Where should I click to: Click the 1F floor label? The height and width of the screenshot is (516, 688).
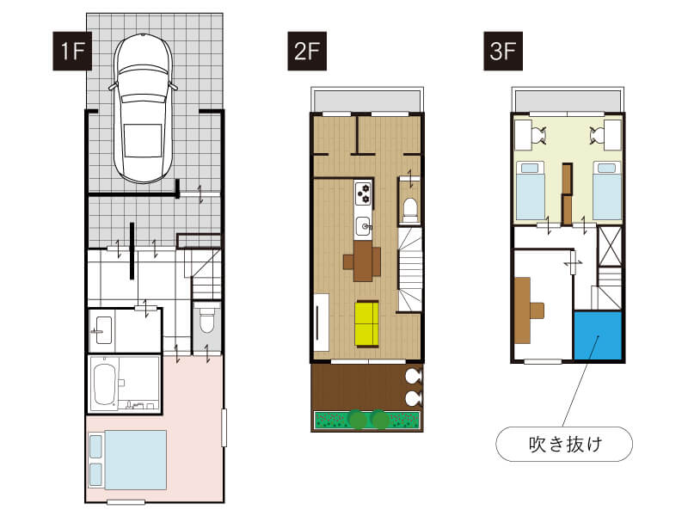[x=72, y=51]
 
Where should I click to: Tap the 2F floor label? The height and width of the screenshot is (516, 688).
[x=307, y=51]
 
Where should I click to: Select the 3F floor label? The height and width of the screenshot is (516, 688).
[x=503, y=51]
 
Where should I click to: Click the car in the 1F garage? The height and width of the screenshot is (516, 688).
[x=143, y=108]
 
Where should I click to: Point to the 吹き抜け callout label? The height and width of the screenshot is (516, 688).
[x=564, y=444]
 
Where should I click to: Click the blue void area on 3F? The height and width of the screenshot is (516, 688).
[x=598, y=335]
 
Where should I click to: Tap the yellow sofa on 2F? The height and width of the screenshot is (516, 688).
[x=367, y=324]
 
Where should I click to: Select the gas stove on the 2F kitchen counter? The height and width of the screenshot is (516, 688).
[x=363, y=193]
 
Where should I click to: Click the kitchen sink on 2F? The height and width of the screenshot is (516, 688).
[x=363, y=226]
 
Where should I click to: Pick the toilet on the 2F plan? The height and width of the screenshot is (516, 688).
[x=410, y=210]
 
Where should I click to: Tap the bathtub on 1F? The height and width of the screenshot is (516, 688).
[x=104, y=384]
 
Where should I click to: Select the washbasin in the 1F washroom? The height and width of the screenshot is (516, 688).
[x=103, y=330]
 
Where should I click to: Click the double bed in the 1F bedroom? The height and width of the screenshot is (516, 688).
[x=127, y=460]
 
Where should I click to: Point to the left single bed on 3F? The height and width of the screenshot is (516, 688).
[x=530, y=190]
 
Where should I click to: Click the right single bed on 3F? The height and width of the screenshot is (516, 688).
[x=607, y=190]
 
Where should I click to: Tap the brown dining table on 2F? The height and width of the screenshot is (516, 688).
[x=363, y=261]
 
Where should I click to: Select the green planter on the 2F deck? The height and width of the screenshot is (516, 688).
[x=368, y=420]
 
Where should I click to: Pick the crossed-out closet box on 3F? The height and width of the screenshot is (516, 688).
[x=611, y=247]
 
